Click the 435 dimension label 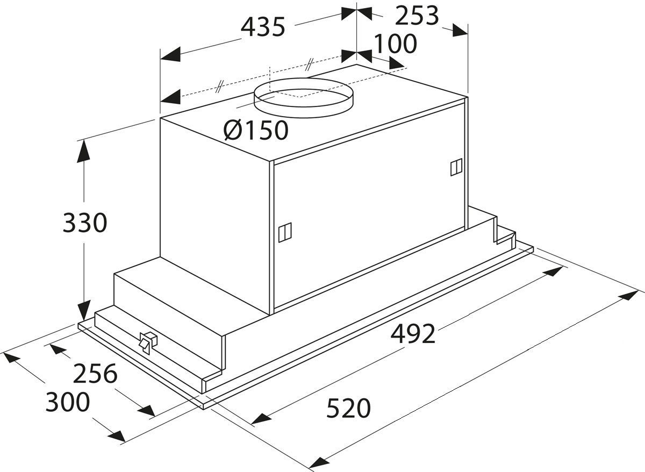[263, 27]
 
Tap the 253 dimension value [417, 16]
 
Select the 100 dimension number [396, 44]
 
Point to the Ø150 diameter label [256, 130]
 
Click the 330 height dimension [85, 223]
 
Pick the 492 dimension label [412, 334]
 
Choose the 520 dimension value [349, 409]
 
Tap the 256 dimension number [95, 374]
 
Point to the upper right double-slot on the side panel [456, 168]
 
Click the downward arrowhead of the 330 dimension [84, 312]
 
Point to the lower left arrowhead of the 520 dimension [319, 461]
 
